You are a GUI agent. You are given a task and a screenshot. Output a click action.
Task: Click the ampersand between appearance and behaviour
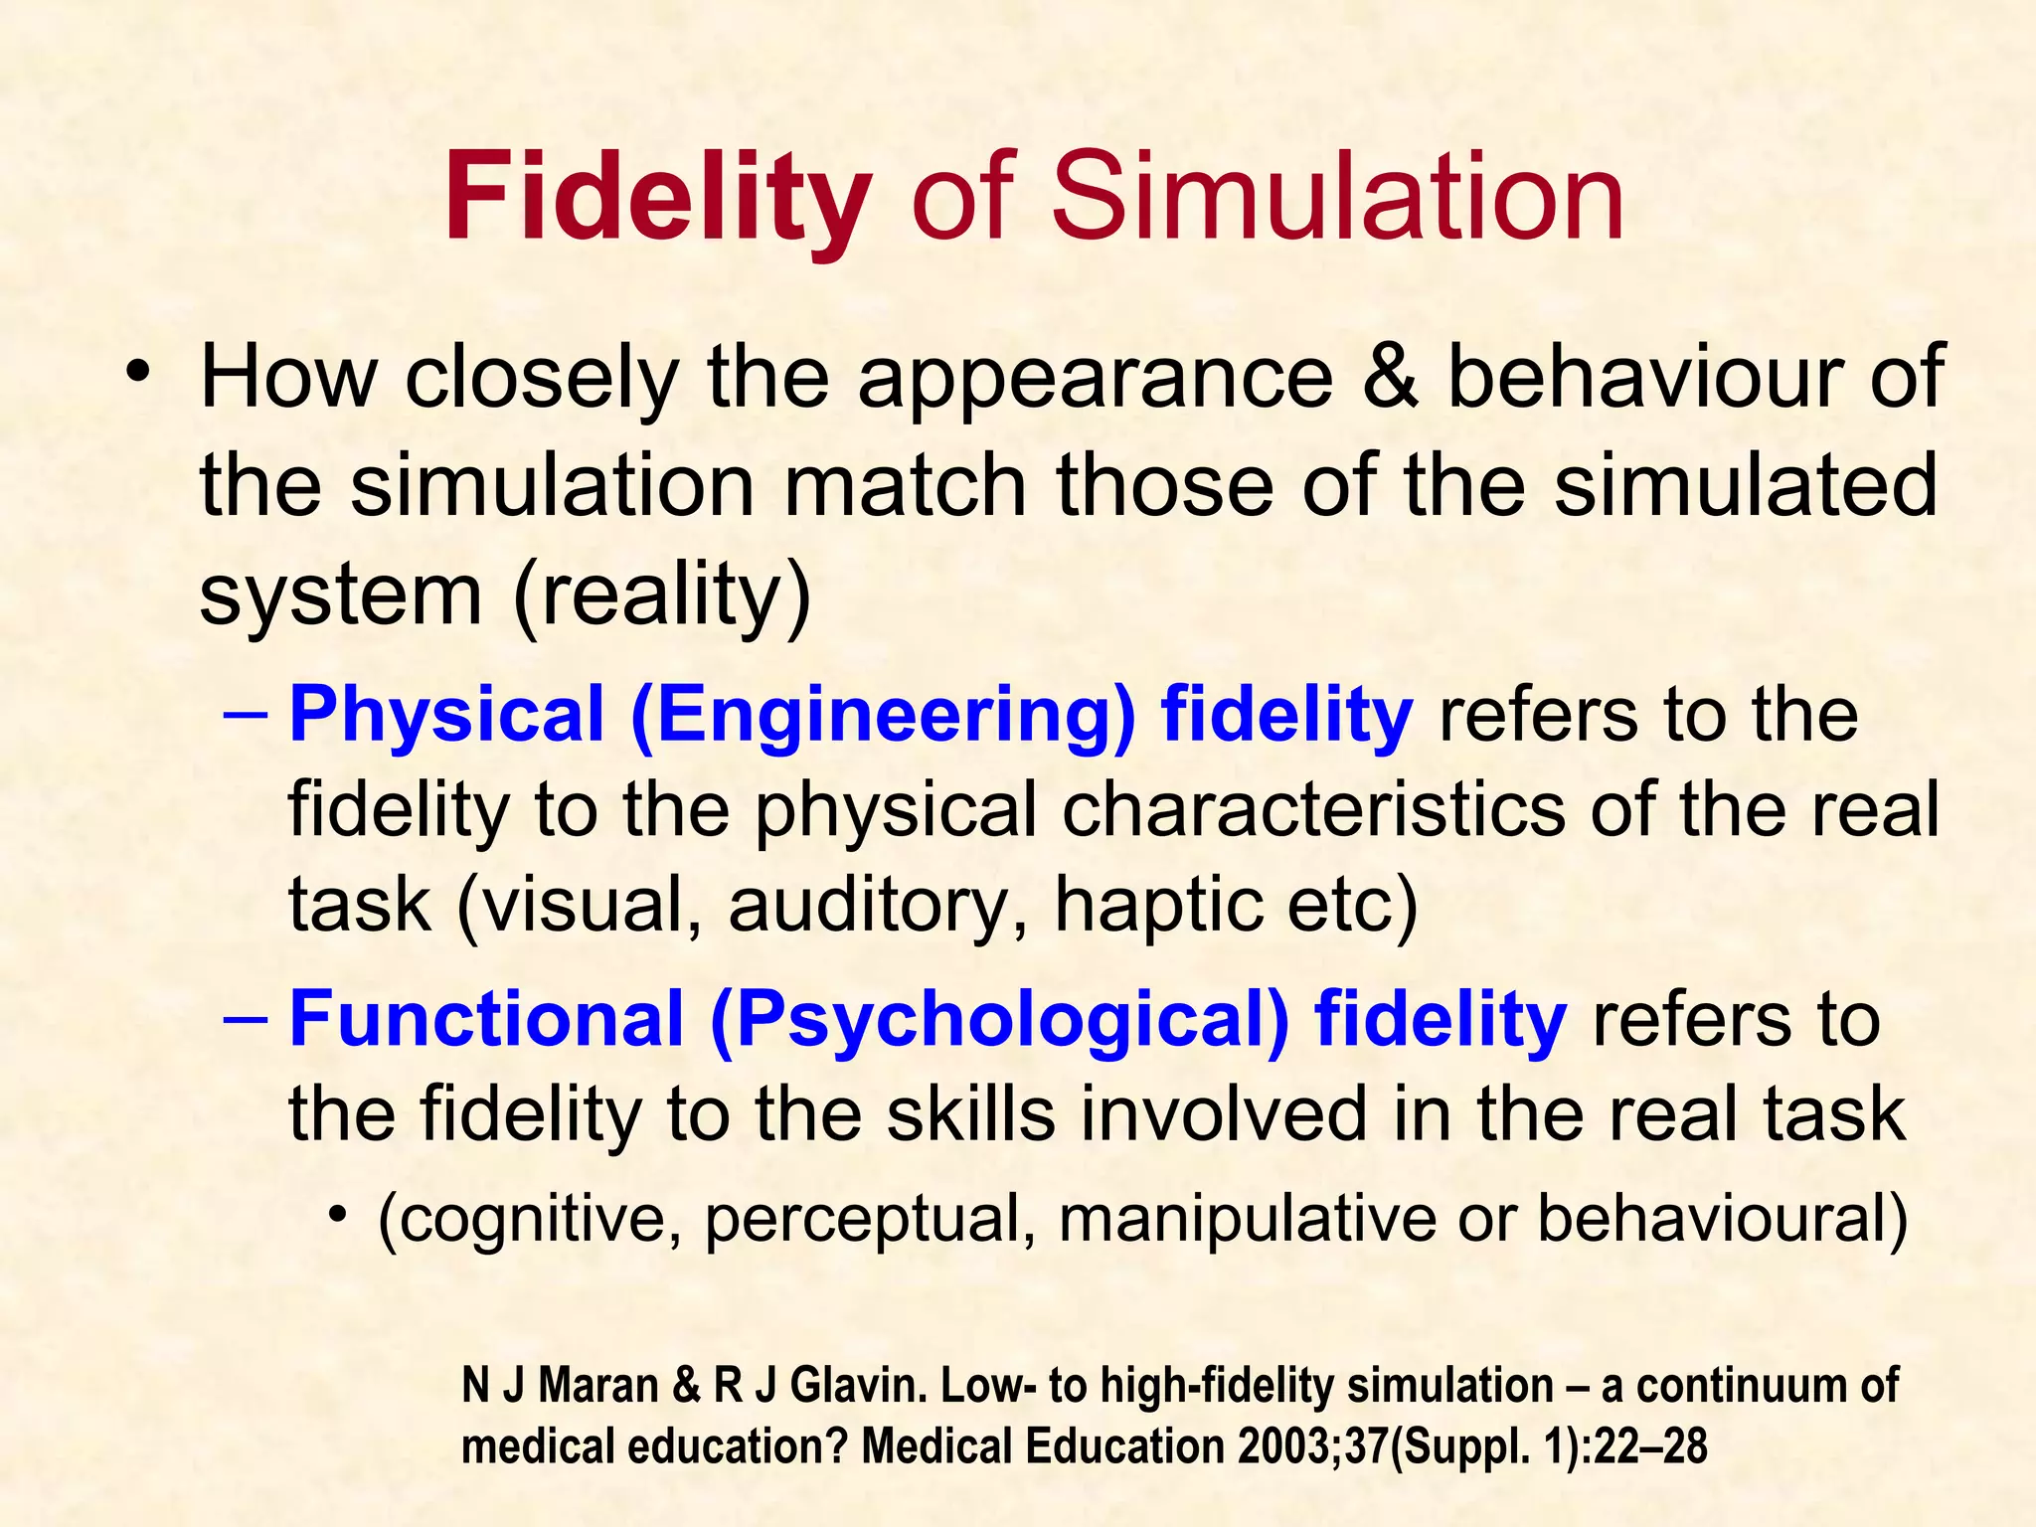click(x=1390, y=377)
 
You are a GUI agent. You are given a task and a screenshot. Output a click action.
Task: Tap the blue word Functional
click(x=486, y=1021)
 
